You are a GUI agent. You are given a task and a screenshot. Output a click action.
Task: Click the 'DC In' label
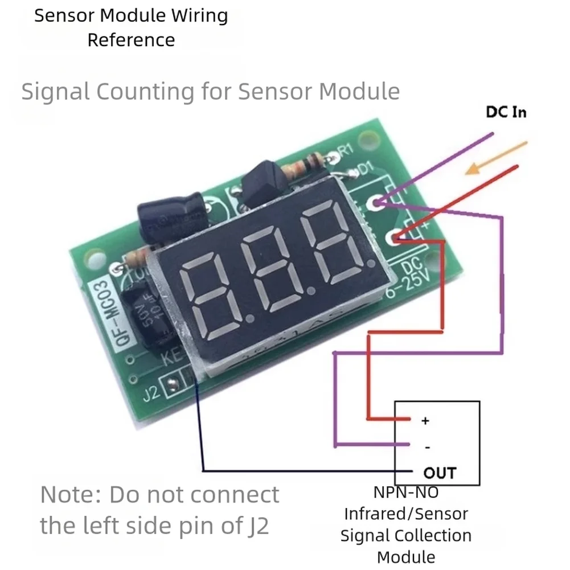tap(506, 112)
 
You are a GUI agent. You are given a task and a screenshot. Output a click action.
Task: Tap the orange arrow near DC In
tap(496, 159)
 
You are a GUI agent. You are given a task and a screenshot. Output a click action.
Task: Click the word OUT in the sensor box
tap(440, 472)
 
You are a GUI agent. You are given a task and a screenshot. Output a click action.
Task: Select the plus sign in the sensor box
tap(424, 421)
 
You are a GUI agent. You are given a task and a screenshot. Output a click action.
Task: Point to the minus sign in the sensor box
tap(427, 447)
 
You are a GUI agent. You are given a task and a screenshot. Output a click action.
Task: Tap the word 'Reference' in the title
tap(131, 40)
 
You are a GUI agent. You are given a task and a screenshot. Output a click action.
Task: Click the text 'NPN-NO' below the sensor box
tap(405, 491)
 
